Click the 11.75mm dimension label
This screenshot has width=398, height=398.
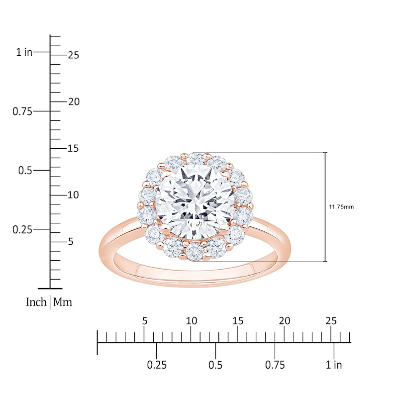[x=341, y=207]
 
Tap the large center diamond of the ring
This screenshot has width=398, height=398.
[x=195, y=202]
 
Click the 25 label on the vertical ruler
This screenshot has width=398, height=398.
[x=73, y=55]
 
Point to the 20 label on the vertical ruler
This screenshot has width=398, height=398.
[x=74, y=102]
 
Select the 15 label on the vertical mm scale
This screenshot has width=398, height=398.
[x=73, y=148]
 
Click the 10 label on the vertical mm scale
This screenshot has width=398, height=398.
[x=73, y=195]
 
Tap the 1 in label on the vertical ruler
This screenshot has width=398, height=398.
[x=24, y=52]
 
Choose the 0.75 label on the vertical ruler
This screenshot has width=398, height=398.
[x=22, y=111]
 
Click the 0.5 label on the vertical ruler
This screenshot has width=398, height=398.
[x=25, y=171]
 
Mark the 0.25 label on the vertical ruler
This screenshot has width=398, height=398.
[x=22, y=230]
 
